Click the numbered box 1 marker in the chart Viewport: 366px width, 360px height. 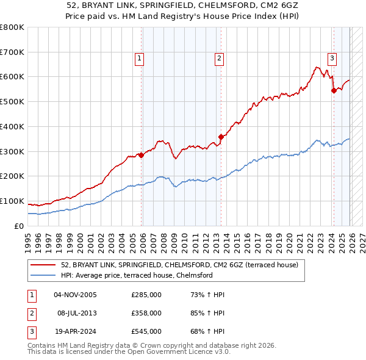(139, 59)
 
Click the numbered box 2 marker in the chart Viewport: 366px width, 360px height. (218, 59)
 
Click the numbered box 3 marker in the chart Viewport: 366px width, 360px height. (332, 59)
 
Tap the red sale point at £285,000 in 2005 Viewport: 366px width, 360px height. (142, 155)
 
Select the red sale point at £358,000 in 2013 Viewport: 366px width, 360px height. (221, 137)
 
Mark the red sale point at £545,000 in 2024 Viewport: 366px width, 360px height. (334, 90)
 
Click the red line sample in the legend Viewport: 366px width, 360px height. (43, 265)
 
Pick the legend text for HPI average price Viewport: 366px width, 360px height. (136, 276)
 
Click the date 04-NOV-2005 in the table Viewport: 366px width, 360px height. (76, 295)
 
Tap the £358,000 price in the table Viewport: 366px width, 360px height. (146, 313)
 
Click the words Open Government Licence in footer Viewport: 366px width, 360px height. (182, 353)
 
